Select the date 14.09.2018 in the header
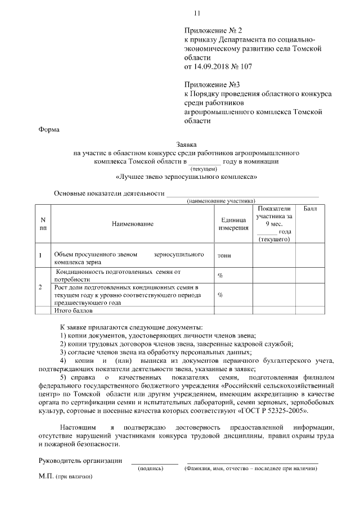214,67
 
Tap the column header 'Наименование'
133,224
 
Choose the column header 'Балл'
310,209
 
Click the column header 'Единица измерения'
231,224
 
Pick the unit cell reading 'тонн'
224,255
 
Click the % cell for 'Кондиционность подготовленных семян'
220,276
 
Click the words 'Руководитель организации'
80,461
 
